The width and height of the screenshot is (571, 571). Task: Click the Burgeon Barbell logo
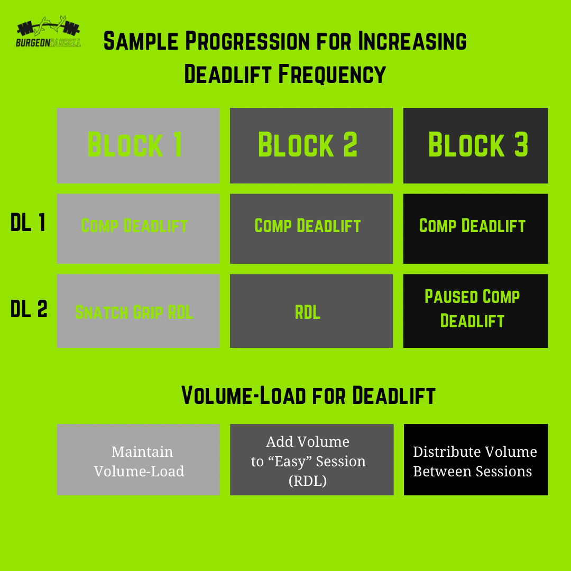[x=49, y=34]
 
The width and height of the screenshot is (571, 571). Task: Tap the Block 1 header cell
[x=138, y=145]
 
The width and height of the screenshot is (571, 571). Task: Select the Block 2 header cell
[x=311, y=145]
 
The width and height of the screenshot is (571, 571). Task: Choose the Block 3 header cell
[x=475, y=145]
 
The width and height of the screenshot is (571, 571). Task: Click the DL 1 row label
[x=28, y=224]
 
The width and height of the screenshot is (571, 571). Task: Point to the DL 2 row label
[x=29, y=310]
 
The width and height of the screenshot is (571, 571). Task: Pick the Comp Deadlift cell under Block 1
[x=138, y=228]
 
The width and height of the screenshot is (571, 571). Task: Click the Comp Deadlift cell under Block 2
[x=311, y=228]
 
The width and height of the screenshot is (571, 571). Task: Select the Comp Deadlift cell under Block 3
[x=475, y=228]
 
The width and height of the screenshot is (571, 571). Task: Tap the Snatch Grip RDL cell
[x=138, y=311]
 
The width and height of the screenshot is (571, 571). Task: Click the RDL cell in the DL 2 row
[x=311, y=311]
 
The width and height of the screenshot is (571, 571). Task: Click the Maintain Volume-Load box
[x=138, y=459]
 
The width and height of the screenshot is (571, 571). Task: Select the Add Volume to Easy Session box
[x=311, y=459]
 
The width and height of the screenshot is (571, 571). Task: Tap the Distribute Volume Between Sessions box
[x=475, y=459]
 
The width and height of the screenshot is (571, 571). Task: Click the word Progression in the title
[x=245, y=41]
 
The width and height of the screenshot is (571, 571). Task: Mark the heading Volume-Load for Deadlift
[x=308, y=395]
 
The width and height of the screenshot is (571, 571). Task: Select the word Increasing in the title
[x=412, y=41]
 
